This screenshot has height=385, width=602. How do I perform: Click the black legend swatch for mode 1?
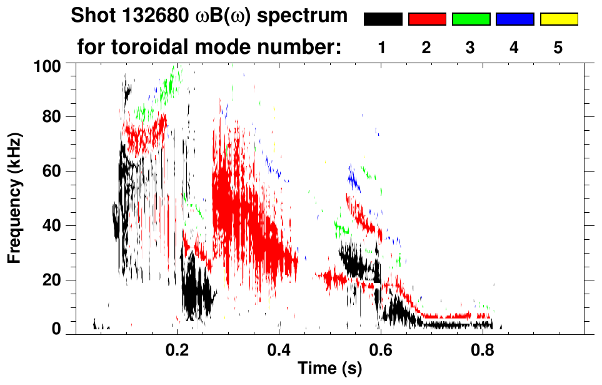[383, 19]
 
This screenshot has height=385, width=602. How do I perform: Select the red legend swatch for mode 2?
[427, 19]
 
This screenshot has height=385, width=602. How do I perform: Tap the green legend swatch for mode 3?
[471, 19]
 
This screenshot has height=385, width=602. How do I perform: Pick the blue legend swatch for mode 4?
[514, 19]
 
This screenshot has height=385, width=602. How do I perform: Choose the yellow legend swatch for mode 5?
[558, 19]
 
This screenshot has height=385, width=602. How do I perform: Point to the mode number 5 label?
[558, 48]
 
